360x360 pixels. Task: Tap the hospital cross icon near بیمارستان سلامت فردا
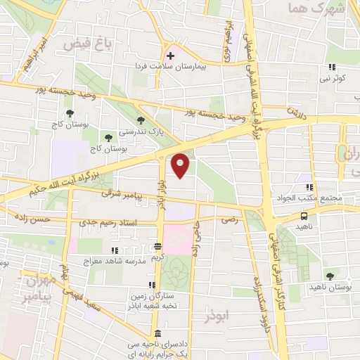click(x=170, y=55)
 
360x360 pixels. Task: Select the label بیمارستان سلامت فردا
click(x=181, y=65)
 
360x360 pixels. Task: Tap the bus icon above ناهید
click(x=304, y=217)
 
